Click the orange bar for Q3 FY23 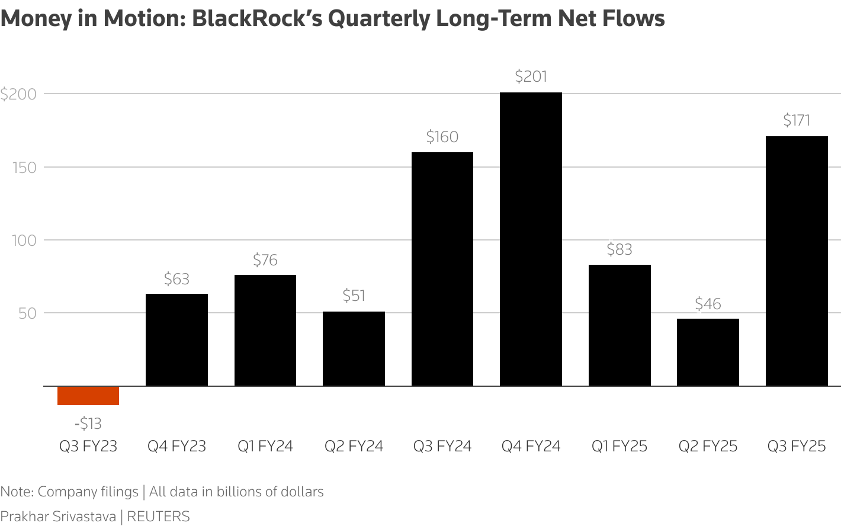pyautogui.click(x=88, y=396)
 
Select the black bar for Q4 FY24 pyautogui.click(x=531, y=239)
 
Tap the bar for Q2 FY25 pyautogui.click(x=708, y=352)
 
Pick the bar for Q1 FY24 pyautogui.click(x=265, y=331)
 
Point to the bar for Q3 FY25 pyautogui.click(x=797, y=261)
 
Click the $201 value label pyautogui.click(x=531, y=76)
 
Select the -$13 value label pyautogui.click(x=88, y=424)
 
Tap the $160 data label pyautogui.click(x=442, y=137)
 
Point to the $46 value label pyautogui.click(x=708, y=304)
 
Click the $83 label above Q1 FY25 pyautogui.click(x=619, y=249)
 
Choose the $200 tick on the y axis pyautogui.click(x=18, y=94)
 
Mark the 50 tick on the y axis pyautogui.click(x=27, y=313)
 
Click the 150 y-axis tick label pyautogui.click(x=24, y=168)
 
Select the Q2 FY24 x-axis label pyautogui.click(x=354, y=446)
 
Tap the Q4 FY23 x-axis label pyautogui.click(x=176, y=446)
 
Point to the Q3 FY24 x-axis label pyautogui.click(x=442, y=446)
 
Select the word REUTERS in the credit pyautogui.click(x=158, y=517)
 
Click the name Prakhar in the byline pyautogui.click(x=24, y=517)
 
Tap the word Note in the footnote pyautogui.click(x=16, y=492)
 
